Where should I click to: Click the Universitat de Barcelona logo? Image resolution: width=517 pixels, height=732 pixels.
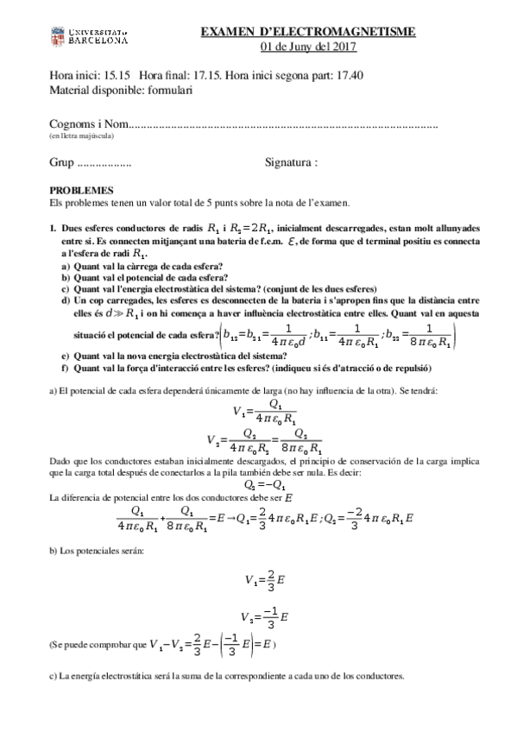tap(90, 36)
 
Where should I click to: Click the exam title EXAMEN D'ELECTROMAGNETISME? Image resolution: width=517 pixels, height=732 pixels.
tap(308, 32)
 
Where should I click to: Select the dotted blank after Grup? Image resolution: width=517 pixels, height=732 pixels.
tap(104, 162)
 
